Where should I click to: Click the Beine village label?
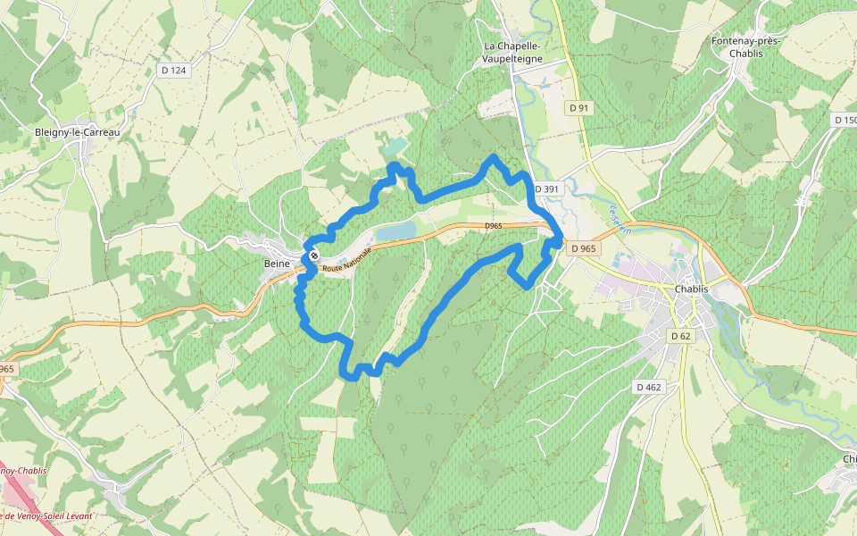[277, 264]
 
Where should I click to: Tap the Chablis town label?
[691, 289]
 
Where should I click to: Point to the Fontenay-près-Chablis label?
[746, 47]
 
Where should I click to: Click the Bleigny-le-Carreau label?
[77, 132]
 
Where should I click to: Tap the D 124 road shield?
[174, 70]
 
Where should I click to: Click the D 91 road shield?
[579, 108]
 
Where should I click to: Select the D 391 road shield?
[545, 189]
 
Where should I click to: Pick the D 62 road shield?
[680, 336]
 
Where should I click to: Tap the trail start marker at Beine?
[314, 257]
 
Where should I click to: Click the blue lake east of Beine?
[396, 232]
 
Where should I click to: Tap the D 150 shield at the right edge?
[845, 120]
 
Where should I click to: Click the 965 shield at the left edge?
[7, 369]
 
